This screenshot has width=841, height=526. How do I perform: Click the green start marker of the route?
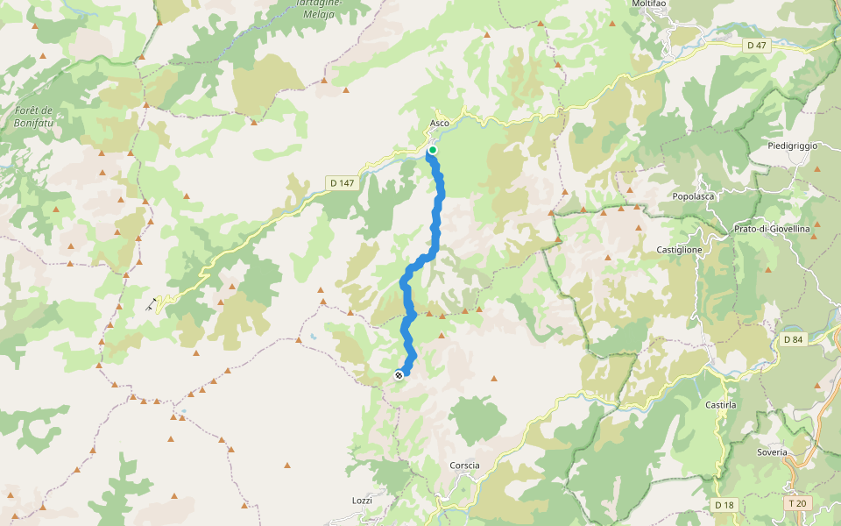coord(432,150)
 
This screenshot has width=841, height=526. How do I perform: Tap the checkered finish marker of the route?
coord(399,375)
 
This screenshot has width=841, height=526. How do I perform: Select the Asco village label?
coord(440,123)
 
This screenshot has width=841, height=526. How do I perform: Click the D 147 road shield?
coord(341,183)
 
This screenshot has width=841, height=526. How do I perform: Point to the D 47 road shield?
coord(756,45)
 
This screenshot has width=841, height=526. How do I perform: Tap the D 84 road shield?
coord(793,339)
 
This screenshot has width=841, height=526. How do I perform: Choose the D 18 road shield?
coord(724,505)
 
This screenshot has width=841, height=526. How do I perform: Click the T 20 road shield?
coord(796,504)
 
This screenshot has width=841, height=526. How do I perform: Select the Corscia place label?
coord(464,466)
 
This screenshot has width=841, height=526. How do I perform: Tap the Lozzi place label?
coord(362,501)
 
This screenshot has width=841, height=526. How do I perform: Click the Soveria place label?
coord(772,452)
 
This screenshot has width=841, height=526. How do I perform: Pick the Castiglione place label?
coord(679,250)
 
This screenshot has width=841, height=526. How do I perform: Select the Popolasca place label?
coord(693,196)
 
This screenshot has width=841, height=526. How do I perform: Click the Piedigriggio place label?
coord(792,145)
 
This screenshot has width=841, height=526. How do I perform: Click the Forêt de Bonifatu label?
coord(35,116)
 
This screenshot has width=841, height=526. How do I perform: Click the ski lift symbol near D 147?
coord(152,304)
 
